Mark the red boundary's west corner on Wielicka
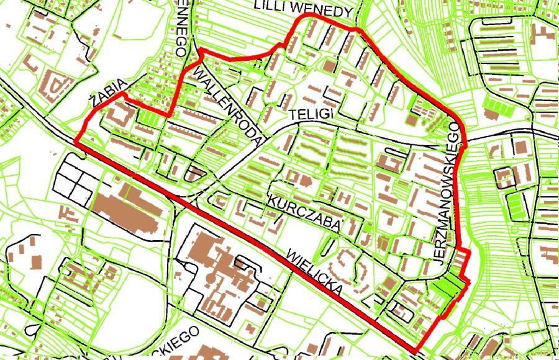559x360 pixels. point(77,142)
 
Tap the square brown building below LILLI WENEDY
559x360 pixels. point(328,66)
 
